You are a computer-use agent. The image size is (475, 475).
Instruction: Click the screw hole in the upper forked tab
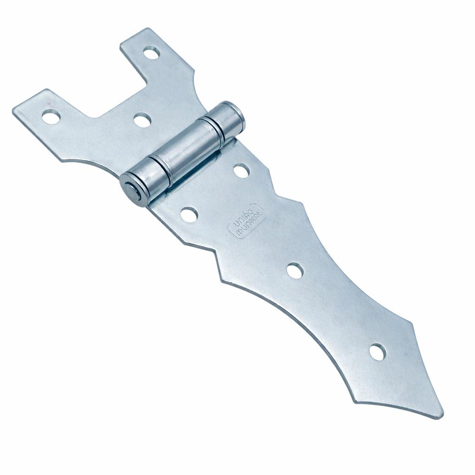(152, 53)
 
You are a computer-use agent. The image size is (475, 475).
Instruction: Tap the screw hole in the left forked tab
(51, 116)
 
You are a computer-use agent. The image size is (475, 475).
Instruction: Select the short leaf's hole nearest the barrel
(142, 120)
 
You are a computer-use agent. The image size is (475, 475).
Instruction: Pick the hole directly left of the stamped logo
(189, 214)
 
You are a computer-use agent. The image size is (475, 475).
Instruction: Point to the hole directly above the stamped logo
(242, 170)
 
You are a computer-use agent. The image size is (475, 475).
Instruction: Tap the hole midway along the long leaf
(295, 271)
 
